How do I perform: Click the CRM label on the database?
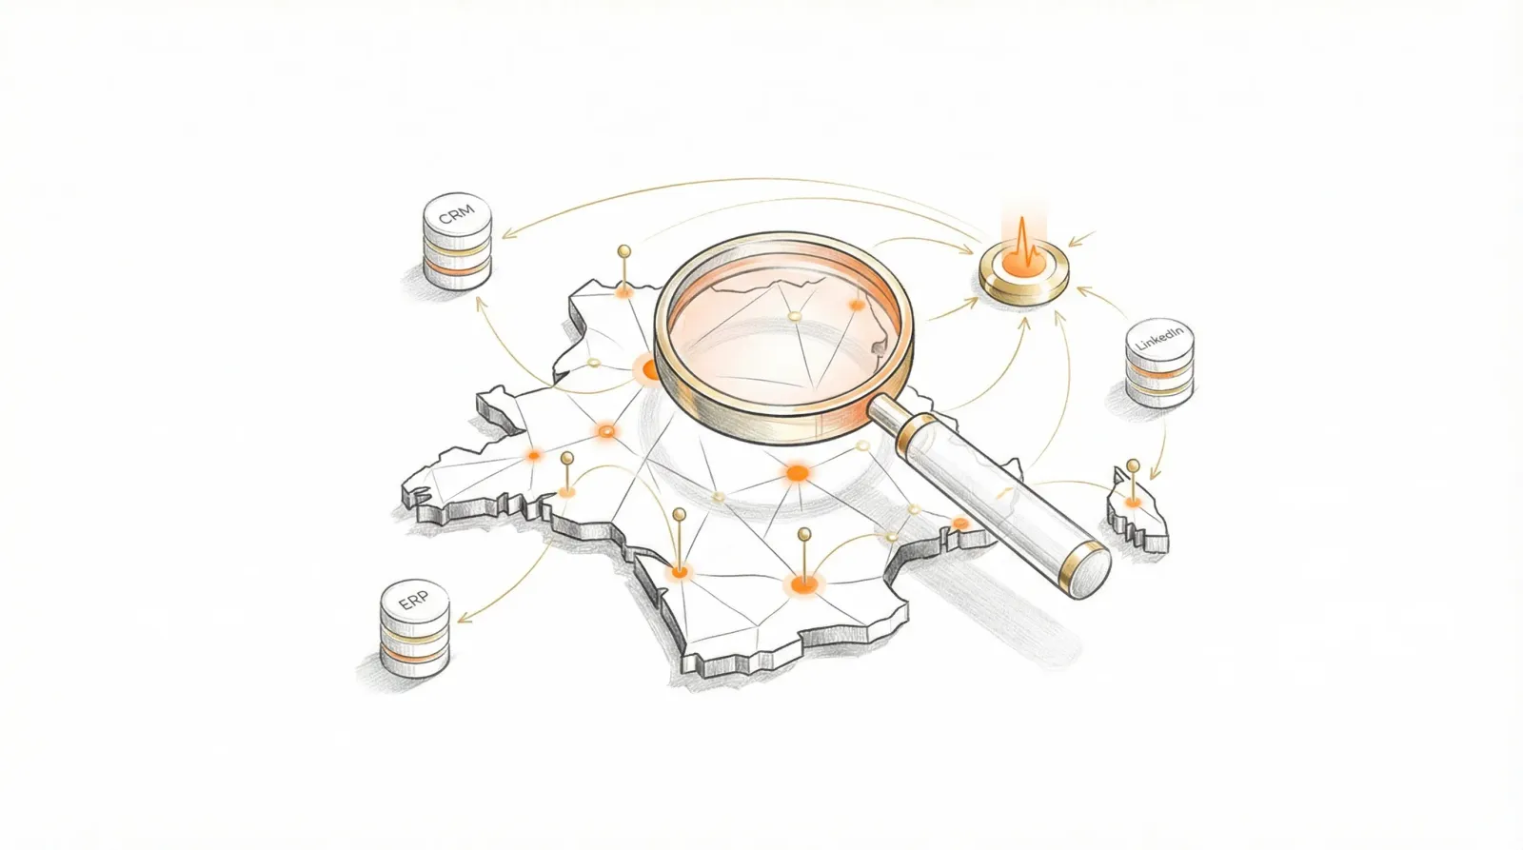tap(456, 214)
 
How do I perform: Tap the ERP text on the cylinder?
tap(413, 602)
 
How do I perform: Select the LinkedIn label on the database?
tap(1160, 338)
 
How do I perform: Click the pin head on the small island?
tap(1133, 465)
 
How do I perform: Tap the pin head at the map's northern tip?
tap(624, 251)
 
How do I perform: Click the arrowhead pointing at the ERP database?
tap(464, 619)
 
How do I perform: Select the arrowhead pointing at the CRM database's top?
tap(507, 234)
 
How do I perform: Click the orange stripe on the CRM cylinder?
tap(457, 268)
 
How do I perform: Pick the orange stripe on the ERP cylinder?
tap(414, 655)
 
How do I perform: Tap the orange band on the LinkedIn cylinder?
tap(1160, 372)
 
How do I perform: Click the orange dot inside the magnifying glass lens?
tap(857, 306)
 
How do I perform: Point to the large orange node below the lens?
tap(797, 472)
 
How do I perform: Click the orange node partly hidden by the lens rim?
tap(648, 370)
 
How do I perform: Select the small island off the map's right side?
tap(1137, 510)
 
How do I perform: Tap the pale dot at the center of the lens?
tap(794, 316)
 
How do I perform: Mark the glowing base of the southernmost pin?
tap(804, 583)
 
